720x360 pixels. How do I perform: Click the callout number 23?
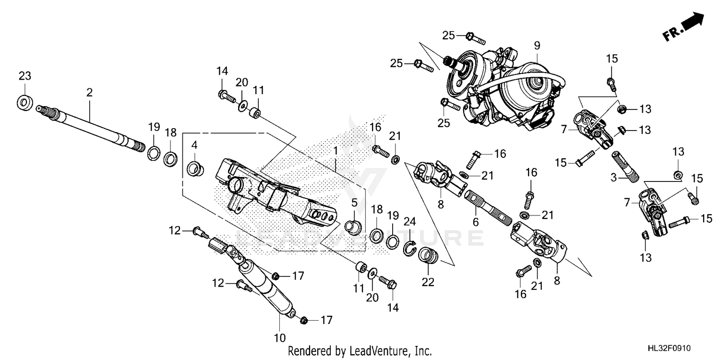tap(24, 76)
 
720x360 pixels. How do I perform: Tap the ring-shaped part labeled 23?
tap(24, 102)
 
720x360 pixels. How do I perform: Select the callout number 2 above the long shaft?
tap(89, 93)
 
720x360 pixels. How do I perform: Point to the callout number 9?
tap(537, 46)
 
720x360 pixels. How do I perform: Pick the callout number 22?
tap(427, 282)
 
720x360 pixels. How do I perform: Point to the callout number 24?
tap(409, 221)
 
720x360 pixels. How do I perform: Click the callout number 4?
tap(194, 144)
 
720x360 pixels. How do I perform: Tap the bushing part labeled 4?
tap(194, 168)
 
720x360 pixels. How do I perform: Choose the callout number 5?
tap(354, 203)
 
